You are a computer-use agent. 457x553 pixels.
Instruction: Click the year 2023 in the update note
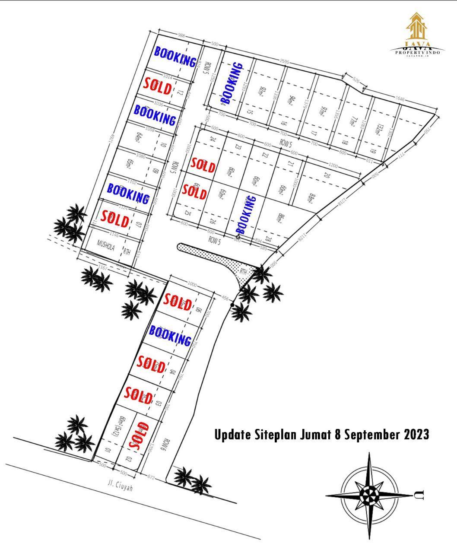point(416,434)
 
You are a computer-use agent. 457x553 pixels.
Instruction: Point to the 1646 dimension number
point(400,100)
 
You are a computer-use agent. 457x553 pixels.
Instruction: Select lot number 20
point(327,175)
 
